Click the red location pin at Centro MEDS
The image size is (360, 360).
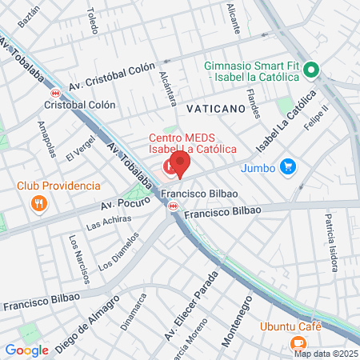180,163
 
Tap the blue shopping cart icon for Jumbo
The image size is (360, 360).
289,167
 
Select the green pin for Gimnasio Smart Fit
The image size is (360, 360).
314,69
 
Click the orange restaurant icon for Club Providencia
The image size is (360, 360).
38,203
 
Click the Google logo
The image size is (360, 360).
26,350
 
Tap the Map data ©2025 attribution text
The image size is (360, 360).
325,354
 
